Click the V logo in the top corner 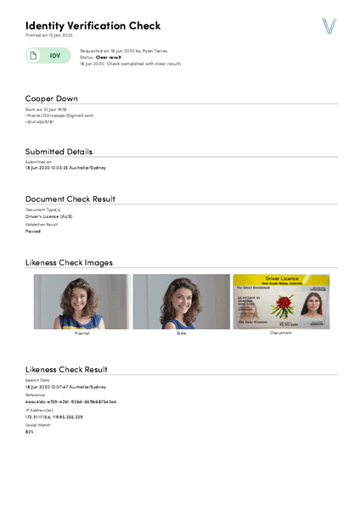[x=329, y=26]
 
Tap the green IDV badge [x=48, y=56]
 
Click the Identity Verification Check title [x=93, y=25]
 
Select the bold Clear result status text [x=108, y=57]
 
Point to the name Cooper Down [x=52, y=98]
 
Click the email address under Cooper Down [x=59, y=115]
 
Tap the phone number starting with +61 [x=39, y=121]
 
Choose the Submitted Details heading [x=59, y=151]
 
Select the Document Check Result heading [x=70, y=199]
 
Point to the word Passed [x=33, y=231]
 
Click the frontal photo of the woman [x=82, y=301]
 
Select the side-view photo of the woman [x=181, y=301]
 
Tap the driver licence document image [x=281, y=301]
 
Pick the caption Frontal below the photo [x=82, y=333]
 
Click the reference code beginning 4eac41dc [x=70, y=401]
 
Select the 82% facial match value [x=30, y=432]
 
